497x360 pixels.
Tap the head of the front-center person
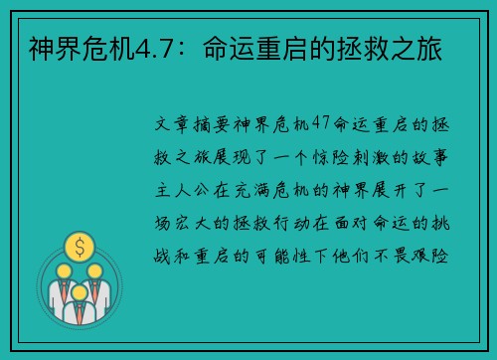pyautogui.click(x=79, y=280)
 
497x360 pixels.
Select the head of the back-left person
pyautogui.click(x=63, y=270)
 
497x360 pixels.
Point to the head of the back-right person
pyautogui.click(x=95, y=270)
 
